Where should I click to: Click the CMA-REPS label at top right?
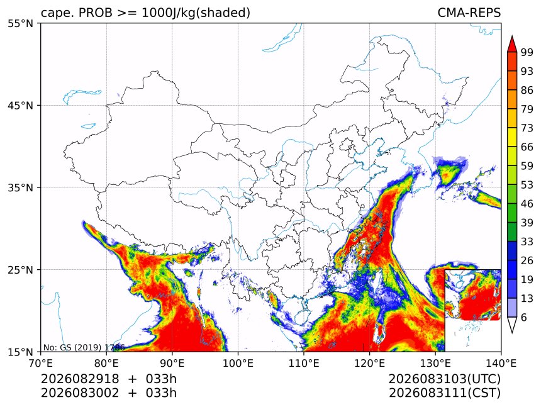tap(469, 13)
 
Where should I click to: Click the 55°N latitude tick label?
tap(20, 24)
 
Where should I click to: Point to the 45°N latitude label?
tap(20, 106)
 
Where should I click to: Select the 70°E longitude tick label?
tap(41, 363)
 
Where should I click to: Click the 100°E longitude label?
tap(238, 363)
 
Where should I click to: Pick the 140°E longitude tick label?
tap(501, 363)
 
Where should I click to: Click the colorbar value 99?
tap(527, 52)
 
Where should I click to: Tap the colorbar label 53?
tap(527, 185)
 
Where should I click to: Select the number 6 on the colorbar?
tap(524, 317)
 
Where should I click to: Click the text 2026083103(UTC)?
tap(444, 379)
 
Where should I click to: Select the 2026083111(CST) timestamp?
tap(444, 393)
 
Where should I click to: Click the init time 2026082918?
tap(80, 379)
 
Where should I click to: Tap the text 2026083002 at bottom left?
tap(80, 393)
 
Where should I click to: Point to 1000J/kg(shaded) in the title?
tap(196, 13)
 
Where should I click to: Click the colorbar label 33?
tap(527, 242)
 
